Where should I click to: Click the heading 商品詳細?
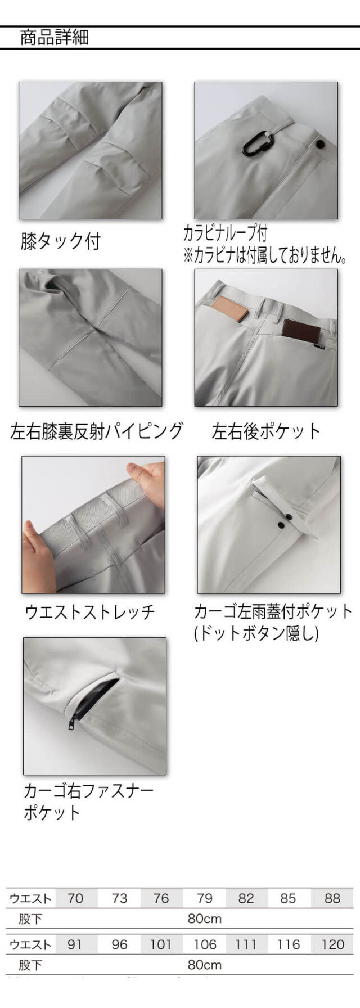(55, 38)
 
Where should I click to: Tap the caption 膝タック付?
(60, 241)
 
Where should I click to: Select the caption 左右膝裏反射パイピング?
(97, 431)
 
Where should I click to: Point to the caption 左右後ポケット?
(266, 431)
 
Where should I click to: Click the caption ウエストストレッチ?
(90, 612)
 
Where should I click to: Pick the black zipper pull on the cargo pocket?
(72, 723)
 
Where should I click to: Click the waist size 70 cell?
(75, 898)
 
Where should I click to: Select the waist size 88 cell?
(332, 898)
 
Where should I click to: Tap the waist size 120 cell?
(332, 944)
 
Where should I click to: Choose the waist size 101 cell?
(161, 944)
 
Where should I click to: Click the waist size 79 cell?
(204, 898)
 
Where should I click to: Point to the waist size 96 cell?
(119, 944)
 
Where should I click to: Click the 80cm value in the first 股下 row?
(205, 919)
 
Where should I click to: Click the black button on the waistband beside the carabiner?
(320, 144)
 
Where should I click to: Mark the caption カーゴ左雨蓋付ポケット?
(273, 611)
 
